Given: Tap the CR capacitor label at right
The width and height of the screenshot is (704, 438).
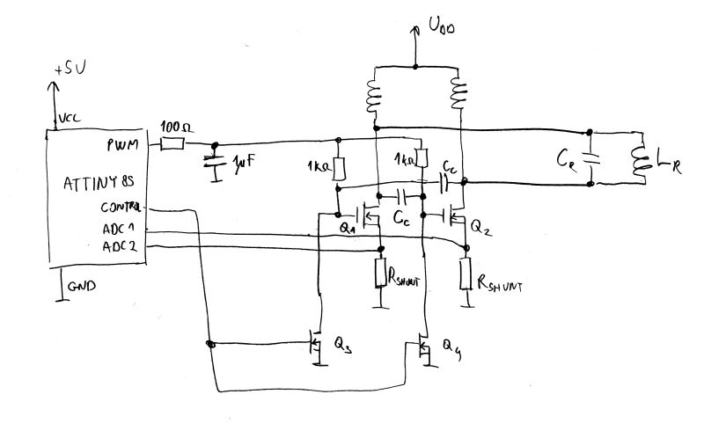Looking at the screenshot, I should coord(567,157).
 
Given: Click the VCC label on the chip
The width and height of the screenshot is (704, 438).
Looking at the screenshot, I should coord(69,120).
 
